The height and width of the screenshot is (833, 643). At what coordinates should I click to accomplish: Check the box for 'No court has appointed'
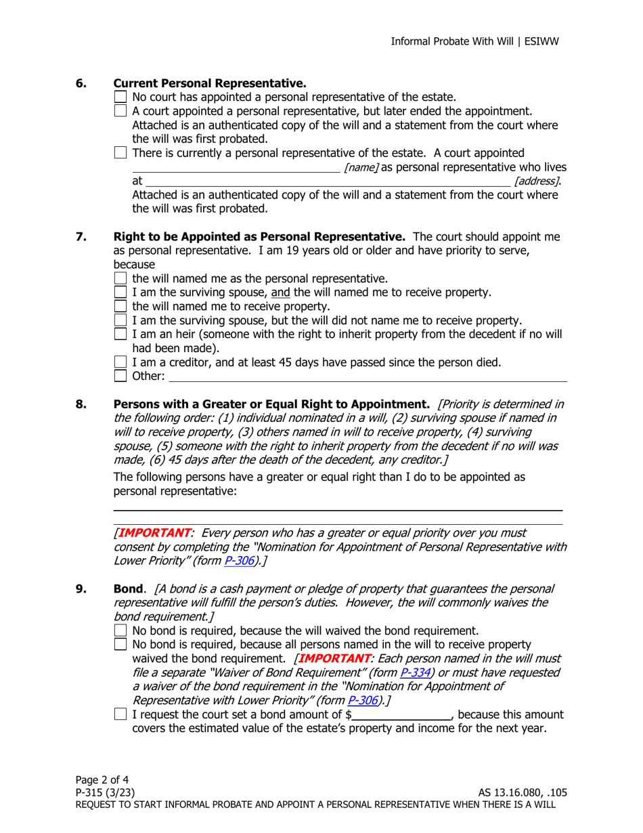pos(122,98)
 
